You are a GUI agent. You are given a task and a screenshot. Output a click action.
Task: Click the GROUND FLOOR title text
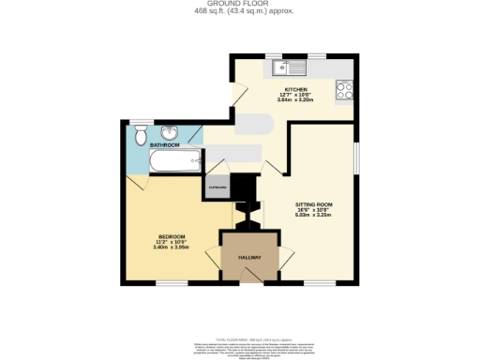pos(239,5)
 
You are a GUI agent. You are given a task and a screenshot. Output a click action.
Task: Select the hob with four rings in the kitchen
pos(342,92)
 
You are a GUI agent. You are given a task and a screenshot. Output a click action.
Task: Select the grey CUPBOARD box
pos(217,187)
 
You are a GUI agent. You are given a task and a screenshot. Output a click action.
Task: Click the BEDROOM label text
pos(171,235)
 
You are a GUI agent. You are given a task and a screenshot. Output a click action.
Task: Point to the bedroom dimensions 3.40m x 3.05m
pos(171,247)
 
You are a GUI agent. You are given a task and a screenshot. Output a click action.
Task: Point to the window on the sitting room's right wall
pos(357,157)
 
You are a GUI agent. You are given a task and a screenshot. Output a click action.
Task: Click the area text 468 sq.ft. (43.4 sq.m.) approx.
pos(239,12)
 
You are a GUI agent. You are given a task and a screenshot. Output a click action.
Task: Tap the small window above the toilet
pos(141,120)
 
